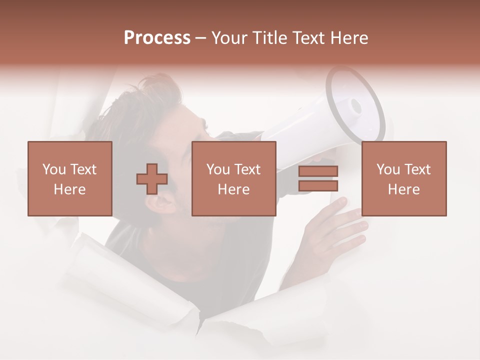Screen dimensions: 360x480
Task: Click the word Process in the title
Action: (x=157, y=38)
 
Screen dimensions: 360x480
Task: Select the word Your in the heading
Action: (x=229, y=38)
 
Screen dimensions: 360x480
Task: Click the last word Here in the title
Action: (x=350, y=38)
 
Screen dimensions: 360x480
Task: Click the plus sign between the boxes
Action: (x=152, y=179)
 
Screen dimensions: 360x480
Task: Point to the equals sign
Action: (x=318, y=179)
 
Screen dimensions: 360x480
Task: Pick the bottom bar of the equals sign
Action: (x=318, y=186)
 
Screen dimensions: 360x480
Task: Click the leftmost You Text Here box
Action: (x=70, y=179)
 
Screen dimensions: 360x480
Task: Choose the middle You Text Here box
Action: (x=234, y=179)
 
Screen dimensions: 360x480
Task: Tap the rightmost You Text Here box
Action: (x=404, y=179)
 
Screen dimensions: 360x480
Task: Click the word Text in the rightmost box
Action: (x=416, y=169)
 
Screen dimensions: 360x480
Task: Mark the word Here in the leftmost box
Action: (x=70, y=189)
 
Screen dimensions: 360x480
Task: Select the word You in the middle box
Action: (x=218, y=169)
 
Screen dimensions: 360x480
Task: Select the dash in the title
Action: (x=201, y=38)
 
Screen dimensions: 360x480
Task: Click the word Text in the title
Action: (x=305, y=38)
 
